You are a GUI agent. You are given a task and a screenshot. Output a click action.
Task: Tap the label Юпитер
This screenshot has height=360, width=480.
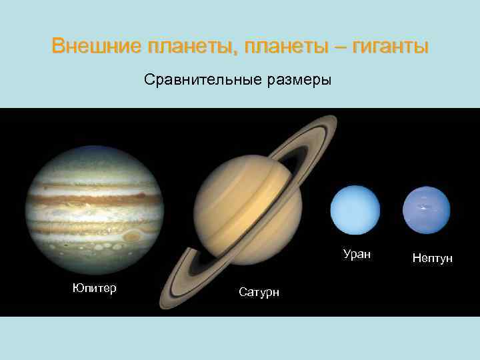point(94,288)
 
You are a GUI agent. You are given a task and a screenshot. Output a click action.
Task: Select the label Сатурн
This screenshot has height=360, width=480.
point(259,292)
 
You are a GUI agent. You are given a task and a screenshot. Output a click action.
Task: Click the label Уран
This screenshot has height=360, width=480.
point(357,254)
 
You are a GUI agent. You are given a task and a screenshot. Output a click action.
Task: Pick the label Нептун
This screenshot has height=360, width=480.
point(432,258)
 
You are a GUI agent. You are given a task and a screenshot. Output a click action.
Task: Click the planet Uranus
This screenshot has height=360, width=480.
point(355,210)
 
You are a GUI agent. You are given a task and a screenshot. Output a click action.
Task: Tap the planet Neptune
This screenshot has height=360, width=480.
point(427,210)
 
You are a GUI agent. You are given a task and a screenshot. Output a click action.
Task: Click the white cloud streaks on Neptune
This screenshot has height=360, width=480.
point(421,207)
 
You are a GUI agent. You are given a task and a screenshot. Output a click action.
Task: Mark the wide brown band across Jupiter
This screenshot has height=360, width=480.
point(94,198)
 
